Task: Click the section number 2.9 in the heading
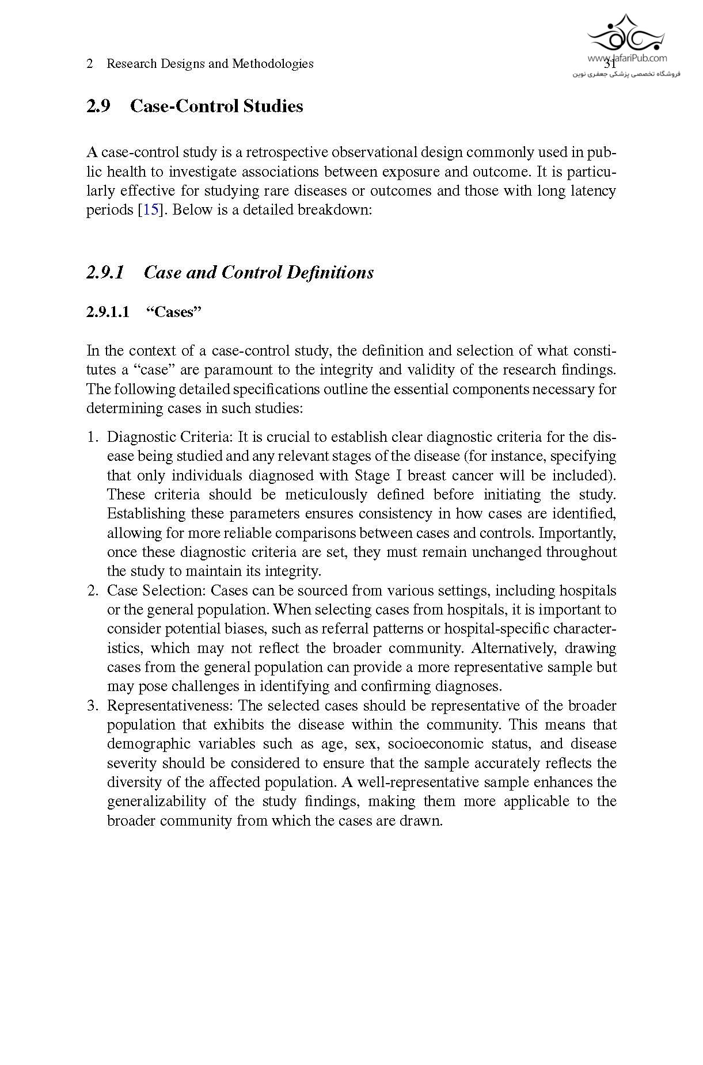pyautogui.click(x=98, y=106)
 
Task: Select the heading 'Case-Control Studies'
pyautogui.click(x=216, y=106)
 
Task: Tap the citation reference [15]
pyautogui.click(x=150, y=210)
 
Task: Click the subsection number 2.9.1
pyautogui.click(x=105, y=272)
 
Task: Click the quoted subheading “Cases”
pyautogui.click(x=173, y=312)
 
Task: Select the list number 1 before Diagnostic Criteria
pyautogui.click(x=92, y=437)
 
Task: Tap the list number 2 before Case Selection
pyautogui.click(x=92, y=591)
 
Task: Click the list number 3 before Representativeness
pyautogui.click(x=92, y=706)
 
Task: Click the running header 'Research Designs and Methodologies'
pyautogui.click(x=210, y=64)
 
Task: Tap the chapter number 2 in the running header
pyautogui.click(x=90, y=64)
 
